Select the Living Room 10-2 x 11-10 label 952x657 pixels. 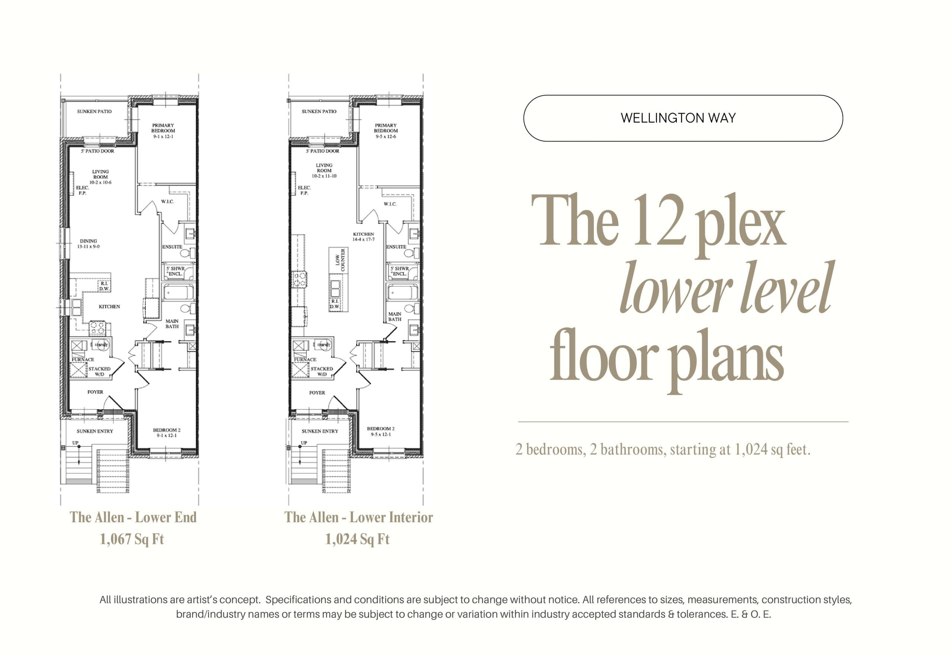coord(324,170)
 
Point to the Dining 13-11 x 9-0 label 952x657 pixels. coord(89,244)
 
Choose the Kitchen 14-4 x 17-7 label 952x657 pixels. coord(363,236)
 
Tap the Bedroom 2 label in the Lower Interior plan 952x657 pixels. coord(380,431)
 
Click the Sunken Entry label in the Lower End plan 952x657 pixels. coord(94,431)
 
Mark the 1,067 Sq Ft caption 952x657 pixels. coord(132,539)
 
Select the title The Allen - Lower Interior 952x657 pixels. coord(358,517)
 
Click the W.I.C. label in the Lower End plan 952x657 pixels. coord(167,201)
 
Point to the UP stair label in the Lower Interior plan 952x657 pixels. coord(303,443)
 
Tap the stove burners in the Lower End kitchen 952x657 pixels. coord(97,327)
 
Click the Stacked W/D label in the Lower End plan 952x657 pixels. coord(99,371)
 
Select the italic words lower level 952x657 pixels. coord(726,288)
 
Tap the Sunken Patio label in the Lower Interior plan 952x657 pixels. coord(319,112)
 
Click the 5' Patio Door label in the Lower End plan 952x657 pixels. coord(97,151)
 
